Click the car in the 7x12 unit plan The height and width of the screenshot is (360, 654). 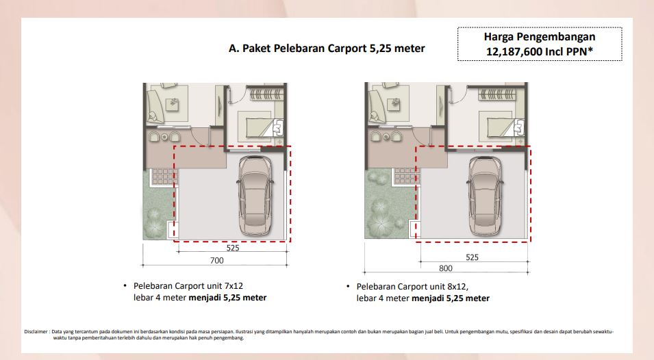(x=255, y=195)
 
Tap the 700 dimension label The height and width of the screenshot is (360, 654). (x=217, y=260)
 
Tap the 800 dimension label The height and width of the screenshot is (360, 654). (x=445, y=268)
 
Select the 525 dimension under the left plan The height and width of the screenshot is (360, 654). (x=233, y=248)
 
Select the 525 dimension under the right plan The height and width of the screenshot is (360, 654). (x=472, y=257)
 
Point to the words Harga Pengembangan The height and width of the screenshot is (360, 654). (x=540, y=37)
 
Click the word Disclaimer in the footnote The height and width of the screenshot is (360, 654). (x=36, y=332)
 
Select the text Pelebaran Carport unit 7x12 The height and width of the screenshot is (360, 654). (x=188, y=286)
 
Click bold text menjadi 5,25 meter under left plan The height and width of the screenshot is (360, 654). (x=227, y=298)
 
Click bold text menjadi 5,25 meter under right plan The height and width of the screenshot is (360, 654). (x=451, y=298)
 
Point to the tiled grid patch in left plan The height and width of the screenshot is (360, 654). (x=164, y=177)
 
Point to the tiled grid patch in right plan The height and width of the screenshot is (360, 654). (x=407, y=177)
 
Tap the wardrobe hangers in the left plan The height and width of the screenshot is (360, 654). (x=266, y=94)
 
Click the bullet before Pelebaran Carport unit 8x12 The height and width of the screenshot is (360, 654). (x=348, y=286)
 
